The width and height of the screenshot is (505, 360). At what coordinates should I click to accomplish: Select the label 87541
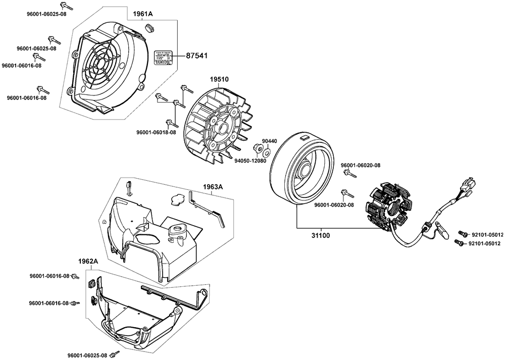[196, 56]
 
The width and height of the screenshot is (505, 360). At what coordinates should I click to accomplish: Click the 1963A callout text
[213, 187]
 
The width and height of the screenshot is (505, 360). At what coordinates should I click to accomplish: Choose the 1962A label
[88, 262]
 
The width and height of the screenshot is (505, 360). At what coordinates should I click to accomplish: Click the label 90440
[269, 141]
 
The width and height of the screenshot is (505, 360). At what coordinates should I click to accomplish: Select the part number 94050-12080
[250, 161]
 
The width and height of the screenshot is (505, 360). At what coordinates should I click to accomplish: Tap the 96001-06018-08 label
[156, 132]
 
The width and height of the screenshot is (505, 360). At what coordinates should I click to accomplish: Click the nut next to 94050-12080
[257, 148]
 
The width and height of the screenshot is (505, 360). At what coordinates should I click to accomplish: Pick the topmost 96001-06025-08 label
[46, 14]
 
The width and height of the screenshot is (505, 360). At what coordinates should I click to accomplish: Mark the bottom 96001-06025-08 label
[90, 355]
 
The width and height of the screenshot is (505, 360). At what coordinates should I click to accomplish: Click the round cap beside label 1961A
[149, 25]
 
